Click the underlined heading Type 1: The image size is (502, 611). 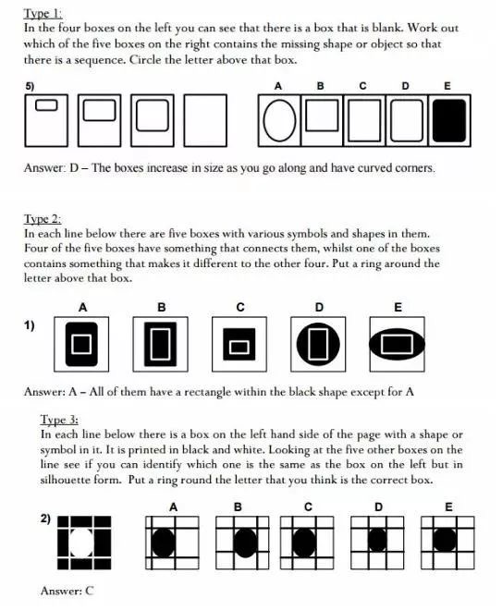43,14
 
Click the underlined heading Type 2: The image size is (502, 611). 43,218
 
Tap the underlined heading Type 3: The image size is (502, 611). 59,420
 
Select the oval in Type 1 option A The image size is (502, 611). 279,120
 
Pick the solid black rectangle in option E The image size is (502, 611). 449,120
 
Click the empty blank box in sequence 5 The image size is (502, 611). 205,120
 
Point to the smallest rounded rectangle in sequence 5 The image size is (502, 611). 46,104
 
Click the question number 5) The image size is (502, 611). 30,86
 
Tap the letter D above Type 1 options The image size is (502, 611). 405,86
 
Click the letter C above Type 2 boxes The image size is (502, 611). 240,308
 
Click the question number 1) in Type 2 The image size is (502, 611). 30,325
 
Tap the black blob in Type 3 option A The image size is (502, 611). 163,543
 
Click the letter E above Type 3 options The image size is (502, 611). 448,507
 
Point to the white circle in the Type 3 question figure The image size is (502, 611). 81,542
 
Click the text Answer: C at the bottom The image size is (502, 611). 67,591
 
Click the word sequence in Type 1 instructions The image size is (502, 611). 99,60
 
